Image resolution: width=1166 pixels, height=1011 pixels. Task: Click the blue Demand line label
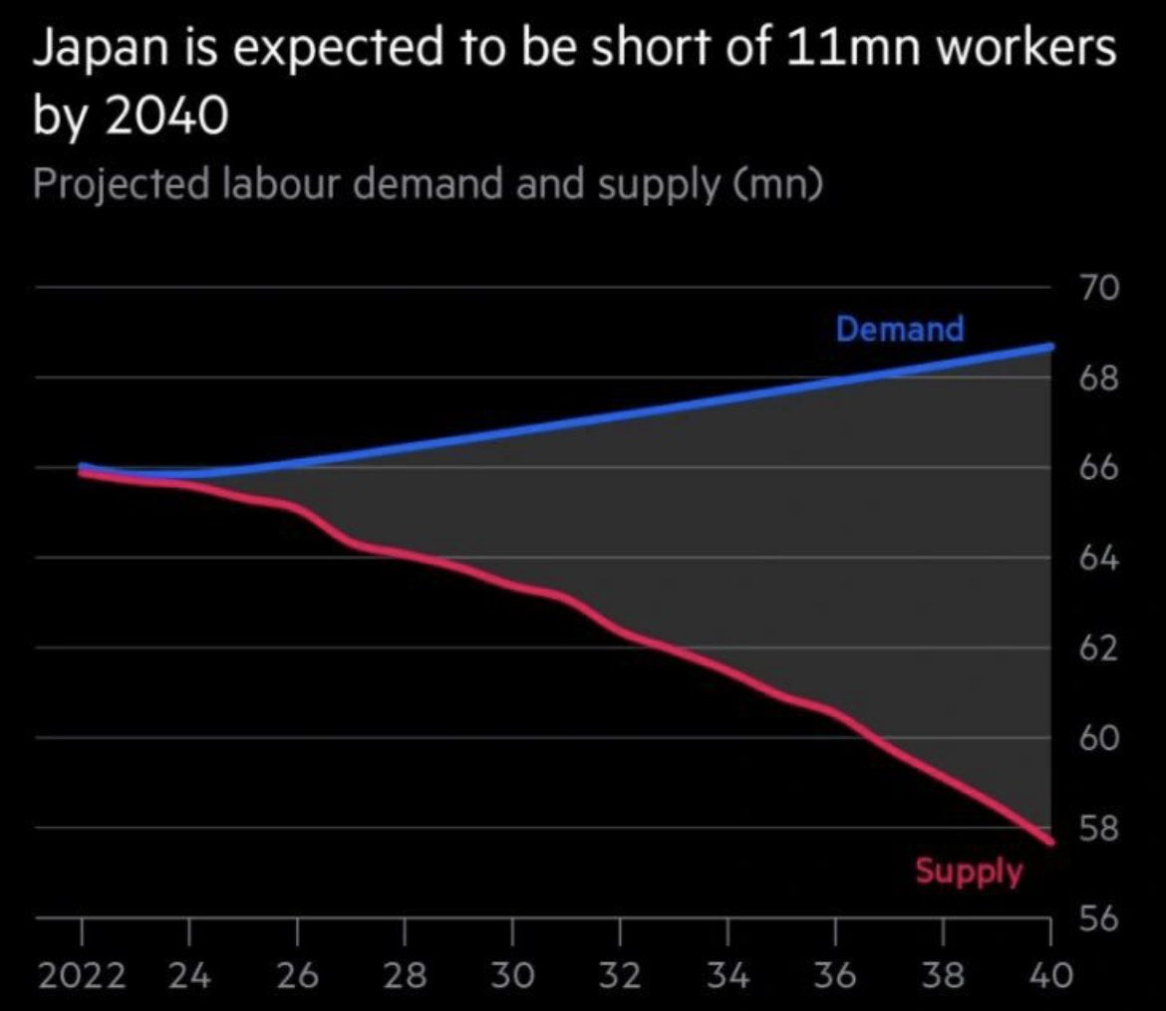tap(900, 329)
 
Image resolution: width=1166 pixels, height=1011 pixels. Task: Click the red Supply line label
tap(969, 872)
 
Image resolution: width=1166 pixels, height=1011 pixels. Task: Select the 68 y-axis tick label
tap(1100, 379)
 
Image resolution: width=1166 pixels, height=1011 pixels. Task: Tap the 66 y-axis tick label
tap(1100, 469)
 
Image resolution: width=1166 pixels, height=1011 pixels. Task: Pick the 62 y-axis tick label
tap(1100, 649)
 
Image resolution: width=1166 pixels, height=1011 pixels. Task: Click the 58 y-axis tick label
tap(1100, 830)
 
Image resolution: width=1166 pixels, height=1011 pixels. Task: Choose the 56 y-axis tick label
tap(1100, 919)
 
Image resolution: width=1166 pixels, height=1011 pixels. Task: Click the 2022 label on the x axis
tap(82, 975)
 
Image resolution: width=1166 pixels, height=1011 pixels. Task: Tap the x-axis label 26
tap(297, 975)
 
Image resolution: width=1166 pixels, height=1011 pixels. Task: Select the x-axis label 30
tap(512, 975)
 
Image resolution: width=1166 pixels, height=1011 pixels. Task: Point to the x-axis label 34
tap(728, 975)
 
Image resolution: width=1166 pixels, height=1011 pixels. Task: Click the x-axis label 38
tap(943, 975)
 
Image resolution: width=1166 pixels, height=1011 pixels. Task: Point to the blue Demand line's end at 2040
tap(1050, 347)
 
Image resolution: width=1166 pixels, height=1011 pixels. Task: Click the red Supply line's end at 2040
tap(1050, 843)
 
